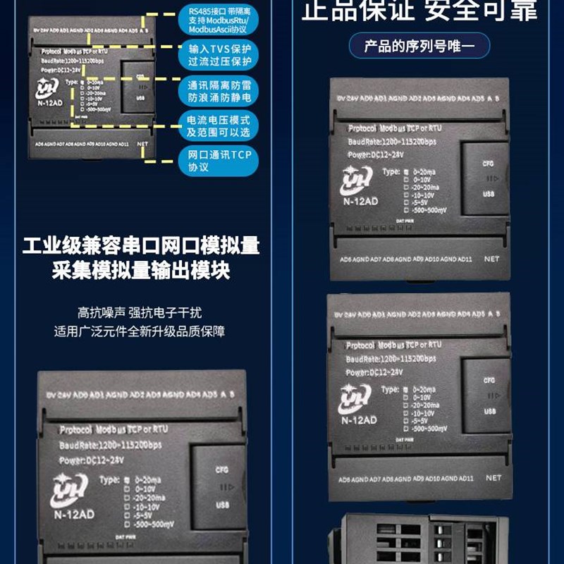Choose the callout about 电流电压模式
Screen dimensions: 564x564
(x=219, y=125)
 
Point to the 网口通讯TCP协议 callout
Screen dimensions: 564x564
(x=219, y=161)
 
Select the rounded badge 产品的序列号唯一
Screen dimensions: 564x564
(x=419, y=47)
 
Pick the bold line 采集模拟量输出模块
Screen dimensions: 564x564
(x=141, y=271)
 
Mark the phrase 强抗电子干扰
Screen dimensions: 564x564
(x=165, y=312)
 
